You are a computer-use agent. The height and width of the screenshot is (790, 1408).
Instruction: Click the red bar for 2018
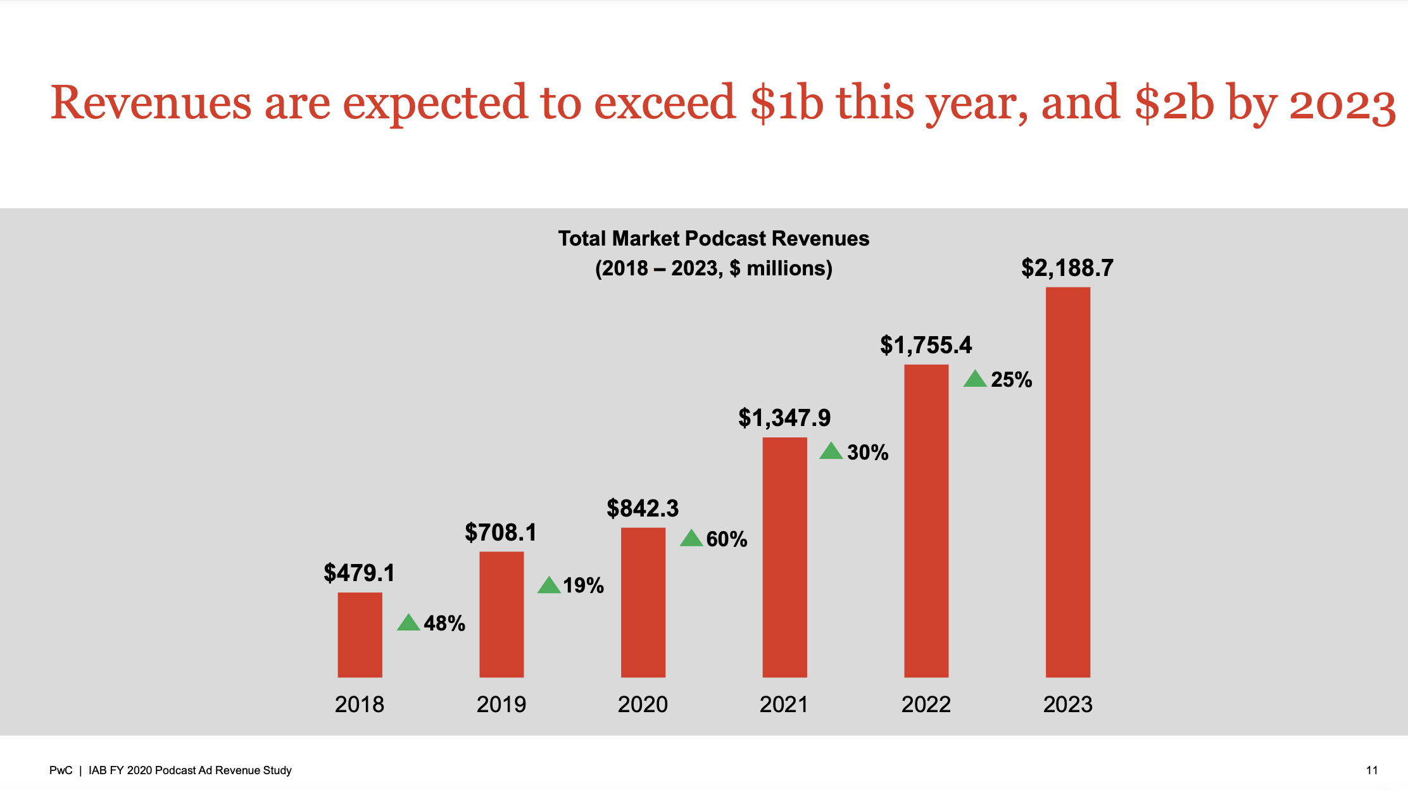click(360, 634)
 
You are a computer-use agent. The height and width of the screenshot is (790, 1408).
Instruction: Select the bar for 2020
click(643, 602)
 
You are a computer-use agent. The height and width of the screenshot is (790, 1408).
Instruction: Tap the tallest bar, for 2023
click(1067, 482)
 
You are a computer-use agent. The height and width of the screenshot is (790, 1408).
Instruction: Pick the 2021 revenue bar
click(784, 557)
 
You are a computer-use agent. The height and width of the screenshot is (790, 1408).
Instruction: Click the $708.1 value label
click(500, 532)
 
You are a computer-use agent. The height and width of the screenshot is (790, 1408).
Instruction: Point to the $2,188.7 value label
click(1067, 268)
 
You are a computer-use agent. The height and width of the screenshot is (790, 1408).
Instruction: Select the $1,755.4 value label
click(926, 345)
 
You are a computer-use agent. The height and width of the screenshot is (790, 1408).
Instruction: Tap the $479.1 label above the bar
click(359, 573)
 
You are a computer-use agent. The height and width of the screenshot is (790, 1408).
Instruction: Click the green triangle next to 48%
click(408, 623)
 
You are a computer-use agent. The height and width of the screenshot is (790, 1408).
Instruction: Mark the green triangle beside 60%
click(691, 539)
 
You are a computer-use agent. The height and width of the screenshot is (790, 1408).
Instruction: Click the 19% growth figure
click(583, 586)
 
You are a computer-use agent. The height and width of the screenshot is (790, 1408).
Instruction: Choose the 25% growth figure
click(1011, 380)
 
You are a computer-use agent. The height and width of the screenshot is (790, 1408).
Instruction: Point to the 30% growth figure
click(867, 453)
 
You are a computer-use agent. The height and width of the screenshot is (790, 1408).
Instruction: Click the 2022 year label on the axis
click(926, 705)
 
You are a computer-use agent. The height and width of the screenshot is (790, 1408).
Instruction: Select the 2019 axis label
click(501, 705)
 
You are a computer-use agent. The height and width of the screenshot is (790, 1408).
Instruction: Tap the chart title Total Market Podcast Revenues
click(713, 239)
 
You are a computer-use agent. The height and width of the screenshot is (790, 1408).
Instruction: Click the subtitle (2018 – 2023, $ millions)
click(713, 268)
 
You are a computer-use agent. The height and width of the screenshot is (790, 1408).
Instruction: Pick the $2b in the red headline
click(1174, 103)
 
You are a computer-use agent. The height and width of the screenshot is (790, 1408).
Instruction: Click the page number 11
click(1372, 770)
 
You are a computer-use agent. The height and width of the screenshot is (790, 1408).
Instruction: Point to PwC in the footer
click(61, 770)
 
